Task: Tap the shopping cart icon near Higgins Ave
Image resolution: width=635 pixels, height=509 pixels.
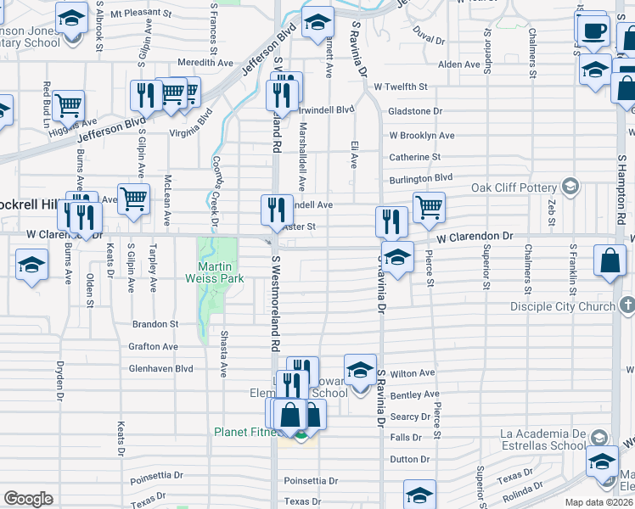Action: pos(68,106)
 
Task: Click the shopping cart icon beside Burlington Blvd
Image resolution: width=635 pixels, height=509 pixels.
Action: pos(430,206)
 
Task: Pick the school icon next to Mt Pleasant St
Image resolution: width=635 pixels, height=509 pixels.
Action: pos(72,19)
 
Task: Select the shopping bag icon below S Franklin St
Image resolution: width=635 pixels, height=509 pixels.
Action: pos(610,262)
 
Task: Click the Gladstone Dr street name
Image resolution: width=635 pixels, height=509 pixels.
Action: pos(415,111)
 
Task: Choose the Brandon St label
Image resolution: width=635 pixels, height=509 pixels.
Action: pos(155,324)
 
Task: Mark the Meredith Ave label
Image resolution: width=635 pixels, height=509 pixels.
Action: pos(205,63)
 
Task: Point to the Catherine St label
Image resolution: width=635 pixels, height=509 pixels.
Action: pos(414,157)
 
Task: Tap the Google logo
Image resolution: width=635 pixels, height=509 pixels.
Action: pos(28,499)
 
